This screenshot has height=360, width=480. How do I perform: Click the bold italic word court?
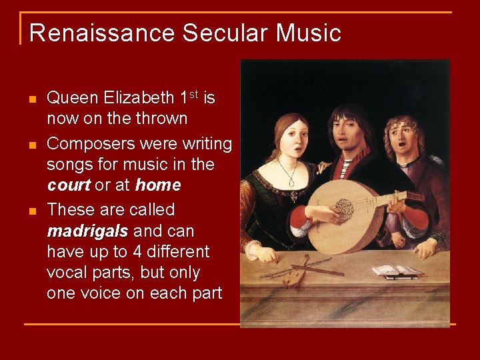click(68, 185)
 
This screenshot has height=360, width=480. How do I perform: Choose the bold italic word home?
click(157, 185)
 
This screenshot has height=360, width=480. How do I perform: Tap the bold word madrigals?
click(88, 231)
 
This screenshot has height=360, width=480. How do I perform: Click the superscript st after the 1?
click(193, 95)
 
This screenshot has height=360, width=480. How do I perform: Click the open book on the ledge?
click(397, 271)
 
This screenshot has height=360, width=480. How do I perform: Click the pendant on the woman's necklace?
click(290, 182)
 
